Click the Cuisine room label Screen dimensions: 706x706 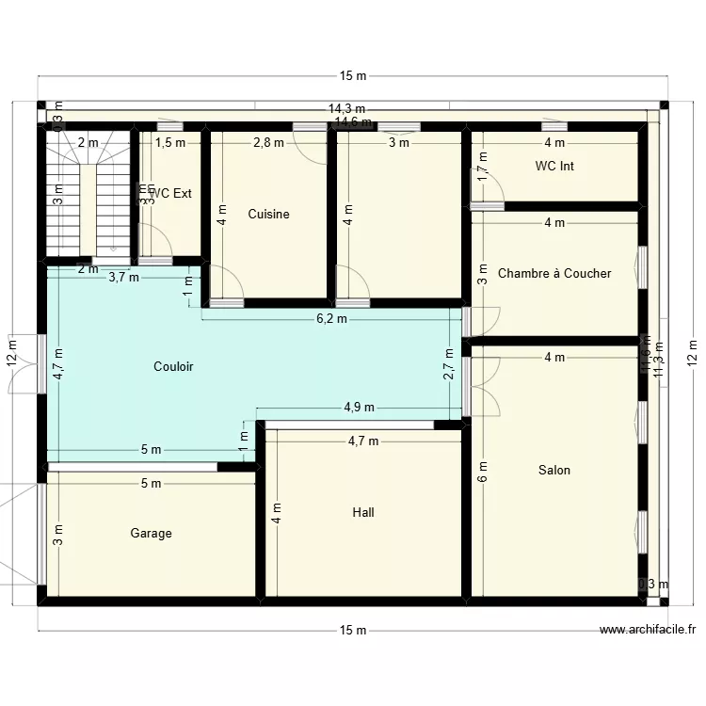tap(268, 215)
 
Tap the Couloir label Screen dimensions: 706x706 tap(173, 367)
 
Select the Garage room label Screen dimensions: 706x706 tap(151, 534)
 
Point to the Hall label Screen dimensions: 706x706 tap(362, 513)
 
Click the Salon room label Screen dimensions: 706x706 tap(554, 471)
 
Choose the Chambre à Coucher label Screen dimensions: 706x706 tap(554, 274)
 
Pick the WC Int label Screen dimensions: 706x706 tap(554, 167)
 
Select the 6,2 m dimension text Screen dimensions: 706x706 tap(330, 319)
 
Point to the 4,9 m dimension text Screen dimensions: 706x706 tap(359, 408)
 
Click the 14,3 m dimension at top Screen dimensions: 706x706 tap(346, 109)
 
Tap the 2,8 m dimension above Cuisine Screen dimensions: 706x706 tap(268, 143)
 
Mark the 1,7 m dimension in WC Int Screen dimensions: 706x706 tap(483, 173)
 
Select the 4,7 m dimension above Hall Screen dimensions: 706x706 tap(363, 441)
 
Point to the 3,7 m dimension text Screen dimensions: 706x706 tap(123, 278)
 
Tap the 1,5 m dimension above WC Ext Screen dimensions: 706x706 tap(170, 143)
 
